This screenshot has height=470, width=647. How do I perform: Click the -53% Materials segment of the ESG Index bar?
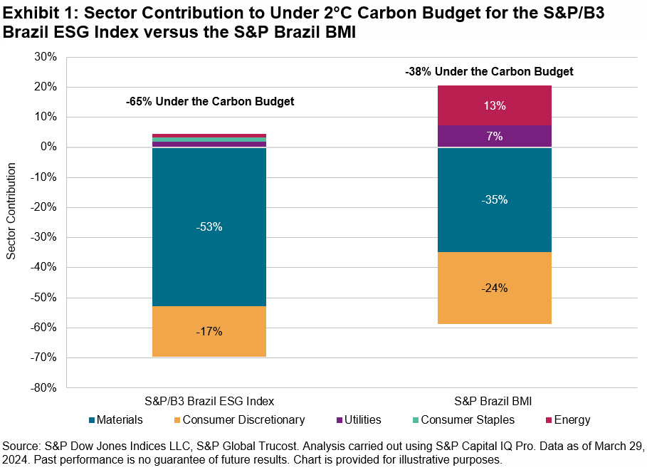pyautogui.click(x=210, y=226)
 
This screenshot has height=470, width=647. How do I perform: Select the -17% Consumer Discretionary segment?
pyautogui.click(x=210, y=331)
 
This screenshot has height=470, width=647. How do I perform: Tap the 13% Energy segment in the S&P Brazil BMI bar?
pyautogui.click(x=494, y=105)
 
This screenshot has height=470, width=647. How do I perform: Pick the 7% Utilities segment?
pyautogui.click(x=494, y=136)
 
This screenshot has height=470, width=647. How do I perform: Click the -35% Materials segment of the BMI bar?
pyautogui.click(x=494, y=199)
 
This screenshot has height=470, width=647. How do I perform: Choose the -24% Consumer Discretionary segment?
pyautogui.click(x=494, y=288)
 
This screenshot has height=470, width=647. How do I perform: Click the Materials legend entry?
pyautogui.click(x=117, y=420)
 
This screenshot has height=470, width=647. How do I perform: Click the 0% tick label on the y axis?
pyautogui.click(x=51, y=147)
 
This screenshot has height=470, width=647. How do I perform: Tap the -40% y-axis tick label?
pyautogui.click(x=46, y=268)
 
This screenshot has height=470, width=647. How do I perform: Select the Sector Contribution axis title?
pyautogui.click(x=11, y=211)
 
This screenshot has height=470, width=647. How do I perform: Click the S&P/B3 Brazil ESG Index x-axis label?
pyautogui.click(x=210, y=400)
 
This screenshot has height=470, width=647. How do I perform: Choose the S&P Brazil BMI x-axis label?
pyautogui.click(x=494, y=400)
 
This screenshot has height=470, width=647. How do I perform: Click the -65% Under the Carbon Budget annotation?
pyautogui.click(x=210, y=102)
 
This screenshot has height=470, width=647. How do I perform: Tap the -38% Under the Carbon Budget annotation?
pyautogui.click(x=489, y=71)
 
